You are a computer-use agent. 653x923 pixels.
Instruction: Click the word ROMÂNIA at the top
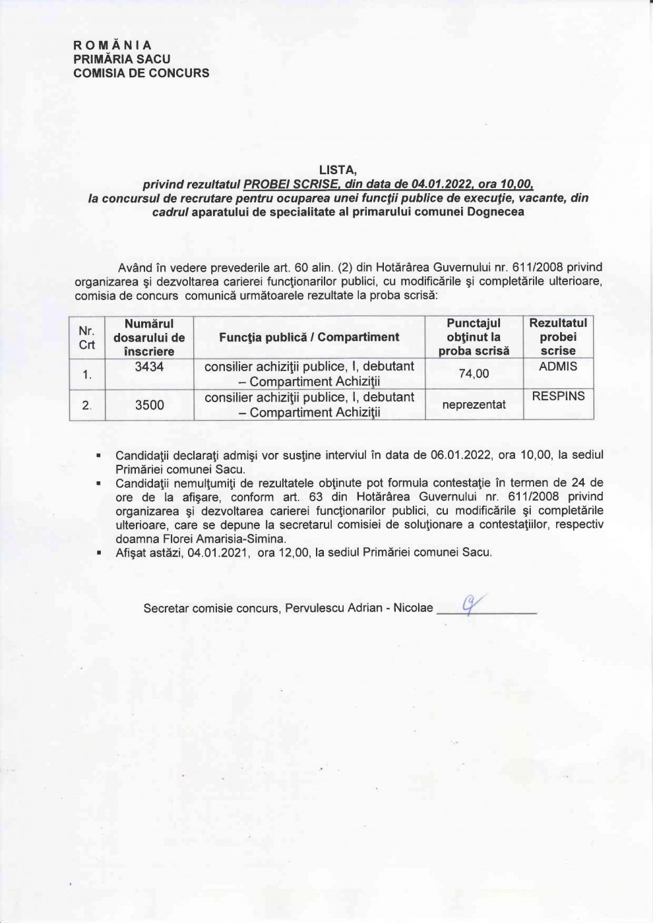[x=113, y=45]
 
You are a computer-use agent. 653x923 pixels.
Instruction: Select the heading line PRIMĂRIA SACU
[x=122, y=59]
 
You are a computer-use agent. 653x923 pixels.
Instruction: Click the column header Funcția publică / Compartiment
[x=309, y=337]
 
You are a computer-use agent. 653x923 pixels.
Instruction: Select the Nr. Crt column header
[x=87, y=337]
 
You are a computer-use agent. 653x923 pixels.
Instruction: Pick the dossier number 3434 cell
[x=149, y=367]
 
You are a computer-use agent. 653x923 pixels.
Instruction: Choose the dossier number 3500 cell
[x=149, y=405]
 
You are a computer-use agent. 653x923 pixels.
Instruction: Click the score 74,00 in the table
[x=474, y=374]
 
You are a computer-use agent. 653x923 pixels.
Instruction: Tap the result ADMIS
[x=557, y=367]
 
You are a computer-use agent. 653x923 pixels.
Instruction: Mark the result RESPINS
[x=558, y=397]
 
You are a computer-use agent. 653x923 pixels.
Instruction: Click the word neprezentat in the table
[x=474, y=405]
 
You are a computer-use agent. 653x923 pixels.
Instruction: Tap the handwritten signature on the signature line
[x=471, y=604]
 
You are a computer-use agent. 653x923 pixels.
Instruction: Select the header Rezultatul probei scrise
[x=558, y=337]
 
